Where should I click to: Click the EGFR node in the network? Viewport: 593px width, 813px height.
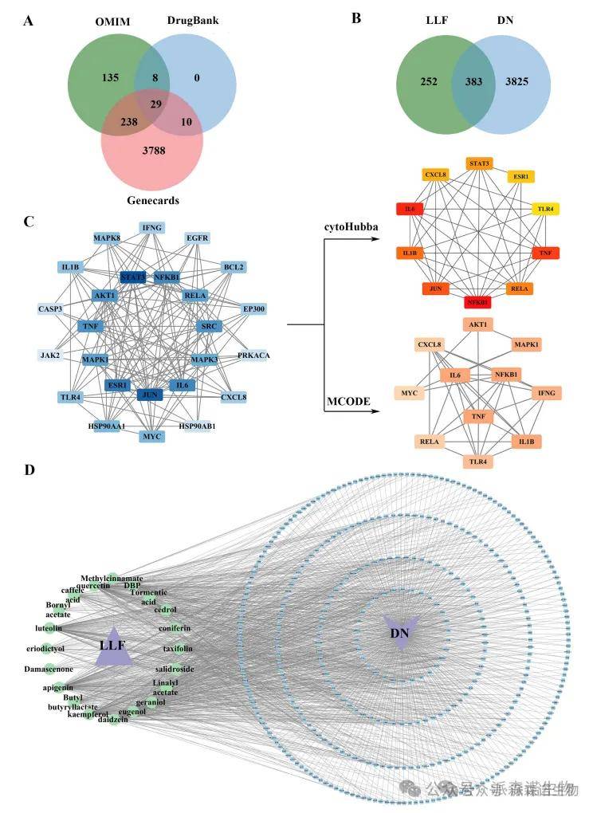coord(198,238)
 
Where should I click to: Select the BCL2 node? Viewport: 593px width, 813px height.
coord(233,266)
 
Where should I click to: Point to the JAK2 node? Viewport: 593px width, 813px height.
coord(49,355)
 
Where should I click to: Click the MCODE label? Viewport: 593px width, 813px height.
coord(348,401)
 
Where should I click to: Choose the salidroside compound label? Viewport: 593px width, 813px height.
coord(174,669)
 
